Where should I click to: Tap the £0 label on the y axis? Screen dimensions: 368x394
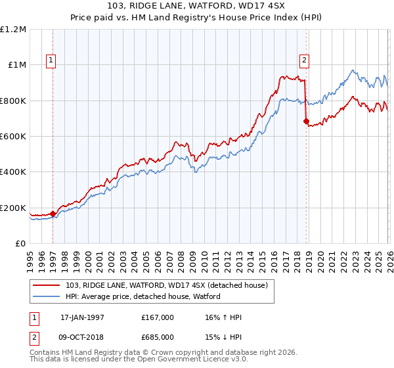click(x=21, y=244)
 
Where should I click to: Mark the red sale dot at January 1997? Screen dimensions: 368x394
click(x=53, y=214)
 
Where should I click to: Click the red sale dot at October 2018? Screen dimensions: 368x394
click(x=306, y=122)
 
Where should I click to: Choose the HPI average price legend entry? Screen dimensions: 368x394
click(x=143, y=297)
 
